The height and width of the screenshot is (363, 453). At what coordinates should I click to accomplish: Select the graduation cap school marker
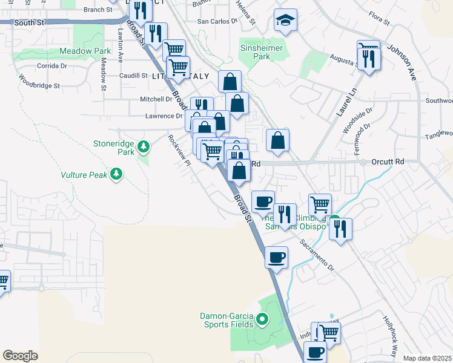[285, 22]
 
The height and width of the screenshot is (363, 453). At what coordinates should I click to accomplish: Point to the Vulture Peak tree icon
[116, 175]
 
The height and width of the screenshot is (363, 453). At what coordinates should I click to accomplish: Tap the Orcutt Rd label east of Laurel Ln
[389, 162]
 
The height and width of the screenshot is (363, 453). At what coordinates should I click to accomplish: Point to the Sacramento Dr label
[317, 254]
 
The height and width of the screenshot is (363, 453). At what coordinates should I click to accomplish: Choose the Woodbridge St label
[39, 81]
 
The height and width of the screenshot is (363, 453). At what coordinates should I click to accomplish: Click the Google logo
[20, 356]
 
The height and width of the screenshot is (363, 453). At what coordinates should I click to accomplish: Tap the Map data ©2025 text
[427, 358]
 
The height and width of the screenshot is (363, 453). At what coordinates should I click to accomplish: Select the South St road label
[30, 22]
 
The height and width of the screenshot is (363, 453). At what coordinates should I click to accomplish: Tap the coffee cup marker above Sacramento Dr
[276, 258]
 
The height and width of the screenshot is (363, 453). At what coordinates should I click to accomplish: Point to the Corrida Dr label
[51, 65]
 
